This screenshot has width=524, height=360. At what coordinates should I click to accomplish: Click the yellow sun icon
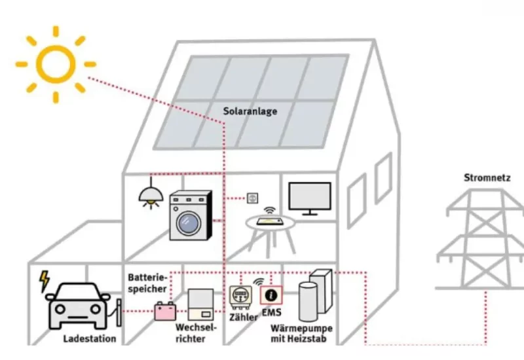56,64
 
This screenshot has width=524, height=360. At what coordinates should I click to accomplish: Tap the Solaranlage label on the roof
250,111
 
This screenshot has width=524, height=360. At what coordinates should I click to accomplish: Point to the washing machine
191,216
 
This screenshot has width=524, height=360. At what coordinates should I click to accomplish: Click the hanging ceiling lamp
151,195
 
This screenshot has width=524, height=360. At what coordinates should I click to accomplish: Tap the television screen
310,197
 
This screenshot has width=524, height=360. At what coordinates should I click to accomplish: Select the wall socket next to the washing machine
252,197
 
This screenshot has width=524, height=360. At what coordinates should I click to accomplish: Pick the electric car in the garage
79,306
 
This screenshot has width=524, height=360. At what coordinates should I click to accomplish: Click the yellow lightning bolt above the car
45,281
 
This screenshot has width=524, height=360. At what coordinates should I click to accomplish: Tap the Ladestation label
90,338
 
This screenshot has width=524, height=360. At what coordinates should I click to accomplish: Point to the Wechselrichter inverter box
200,306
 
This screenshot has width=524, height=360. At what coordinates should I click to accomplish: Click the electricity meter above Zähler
241,297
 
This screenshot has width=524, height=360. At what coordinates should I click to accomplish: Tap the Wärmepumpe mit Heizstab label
302,333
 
